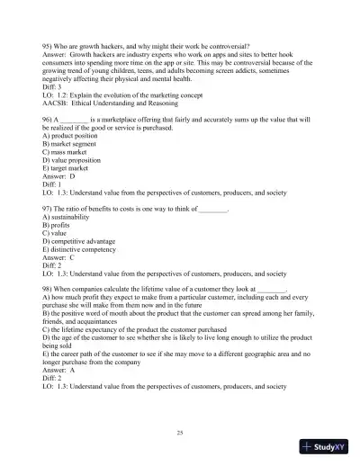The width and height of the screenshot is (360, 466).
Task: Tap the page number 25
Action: [180, 434]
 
